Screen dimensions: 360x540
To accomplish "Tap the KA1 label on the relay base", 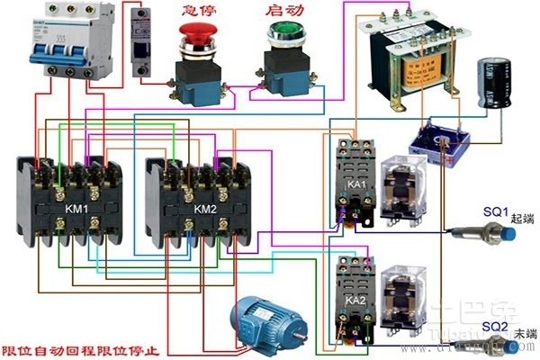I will [356, 184].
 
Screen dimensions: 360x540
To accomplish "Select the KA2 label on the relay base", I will [355, 299].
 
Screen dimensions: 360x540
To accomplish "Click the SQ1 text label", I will [497, 209].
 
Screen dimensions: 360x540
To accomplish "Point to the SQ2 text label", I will [495, 326].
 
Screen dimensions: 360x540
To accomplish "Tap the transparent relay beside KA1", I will [401, 189].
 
